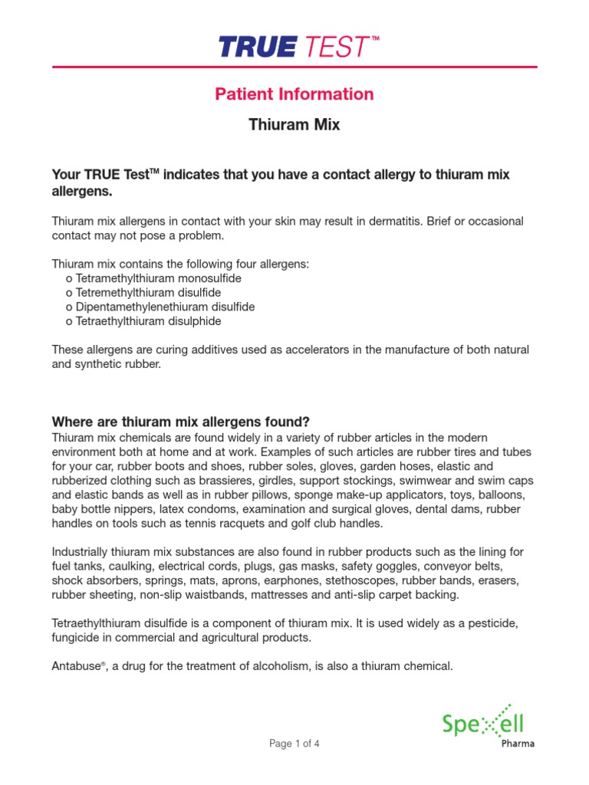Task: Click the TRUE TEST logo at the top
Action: pos(294,47)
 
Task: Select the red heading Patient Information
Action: pos(294,94)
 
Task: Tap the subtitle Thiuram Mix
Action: pos(294,124)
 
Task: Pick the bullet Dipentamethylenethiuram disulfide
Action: pos(160,307)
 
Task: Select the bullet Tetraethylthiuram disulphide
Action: pos(148,321)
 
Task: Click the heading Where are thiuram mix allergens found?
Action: pos(180,422)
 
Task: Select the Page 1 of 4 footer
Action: pos(294,743)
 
